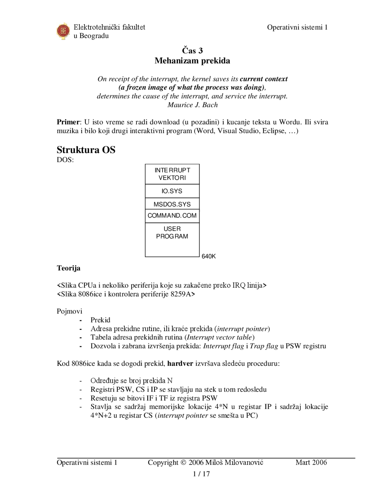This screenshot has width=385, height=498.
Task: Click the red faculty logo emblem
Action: point(63,31)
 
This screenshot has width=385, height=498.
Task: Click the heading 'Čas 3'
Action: point(192,51)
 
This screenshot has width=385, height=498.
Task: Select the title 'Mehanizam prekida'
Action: point(192,61)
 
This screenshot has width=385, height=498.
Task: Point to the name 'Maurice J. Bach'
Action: point(192,105)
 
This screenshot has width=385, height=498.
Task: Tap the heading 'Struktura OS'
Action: point(86,150)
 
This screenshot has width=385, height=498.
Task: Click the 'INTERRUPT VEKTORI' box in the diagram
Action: point(172,174)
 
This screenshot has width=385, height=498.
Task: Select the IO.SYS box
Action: point(172,191)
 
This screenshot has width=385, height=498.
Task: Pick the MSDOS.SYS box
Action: point(172,204)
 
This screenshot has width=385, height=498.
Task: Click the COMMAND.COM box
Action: point(172,216)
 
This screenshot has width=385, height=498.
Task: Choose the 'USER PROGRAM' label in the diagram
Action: point(172,232)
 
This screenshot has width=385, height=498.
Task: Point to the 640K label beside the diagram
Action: point(208,257)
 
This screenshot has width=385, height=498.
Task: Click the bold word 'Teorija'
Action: point(69,268)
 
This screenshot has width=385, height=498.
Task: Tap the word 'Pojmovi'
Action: point(69,311)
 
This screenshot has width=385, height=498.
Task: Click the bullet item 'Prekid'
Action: point(100,320)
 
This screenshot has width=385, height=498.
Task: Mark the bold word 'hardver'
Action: point(180,364)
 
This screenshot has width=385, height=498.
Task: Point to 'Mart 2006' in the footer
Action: point(311,463)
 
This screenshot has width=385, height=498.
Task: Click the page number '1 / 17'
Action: point(201,474)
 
